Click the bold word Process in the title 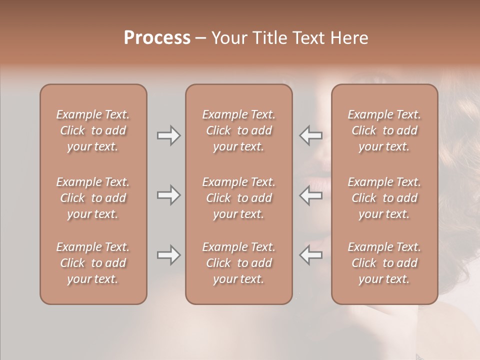point(157,38)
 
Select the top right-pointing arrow point(168,135)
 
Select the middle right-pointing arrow point(168,195)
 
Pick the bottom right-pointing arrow point(168,255)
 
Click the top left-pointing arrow point(310,135)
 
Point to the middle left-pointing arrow point(310,195)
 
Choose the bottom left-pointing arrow point(310,255)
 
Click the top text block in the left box point(93,130)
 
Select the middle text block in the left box point(93,198)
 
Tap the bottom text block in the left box point(93,263)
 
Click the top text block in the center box point(239,130)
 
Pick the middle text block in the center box point(239,198)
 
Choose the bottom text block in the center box point(239,263)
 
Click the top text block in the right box point(384,130)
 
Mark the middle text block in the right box point(384,198)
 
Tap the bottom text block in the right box point(384,263)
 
